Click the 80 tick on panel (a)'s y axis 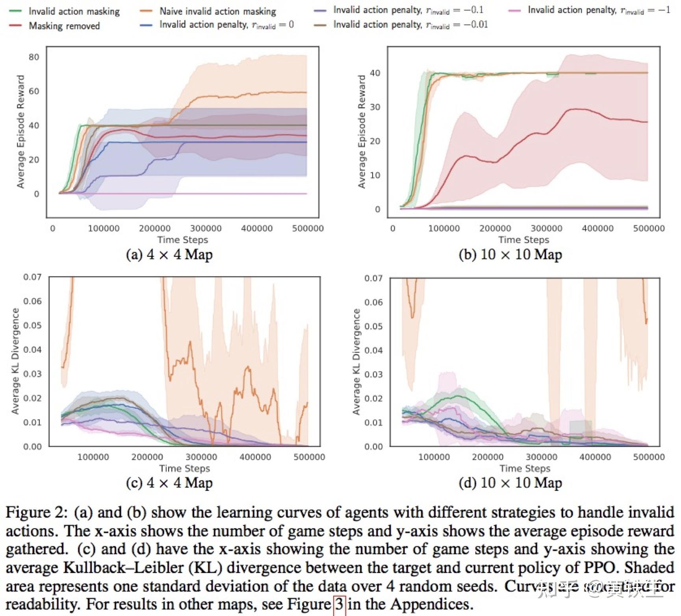coord(34,57)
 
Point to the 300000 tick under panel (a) coord(206,228)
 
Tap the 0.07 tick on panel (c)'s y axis coord(32,277)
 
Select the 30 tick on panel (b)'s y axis coord(375,107)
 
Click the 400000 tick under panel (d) coord(595,457)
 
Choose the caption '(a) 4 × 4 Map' coord(169,254)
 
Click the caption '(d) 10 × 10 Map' coord(510,483)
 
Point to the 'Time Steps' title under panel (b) coord(523,240)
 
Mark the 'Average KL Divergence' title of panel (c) coord(15,361)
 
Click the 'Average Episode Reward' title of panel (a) coord(20,132)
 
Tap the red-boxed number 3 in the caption coord(339,604)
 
